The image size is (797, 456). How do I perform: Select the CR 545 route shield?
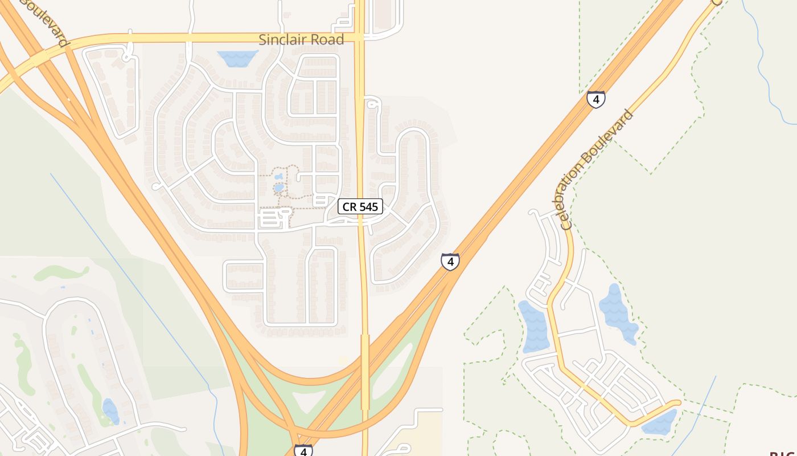coord(360,206)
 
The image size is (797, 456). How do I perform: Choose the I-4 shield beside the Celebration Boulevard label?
coord(595,100)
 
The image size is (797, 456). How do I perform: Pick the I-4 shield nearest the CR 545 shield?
coord(450,262)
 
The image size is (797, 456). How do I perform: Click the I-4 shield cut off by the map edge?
coord(303,450)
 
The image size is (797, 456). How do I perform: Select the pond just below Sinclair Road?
coord(237,58)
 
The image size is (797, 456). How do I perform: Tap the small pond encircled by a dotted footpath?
coord(278,188)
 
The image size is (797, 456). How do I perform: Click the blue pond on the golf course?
coord(110,411)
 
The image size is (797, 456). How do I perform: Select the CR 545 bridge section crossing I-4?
coord(365,370)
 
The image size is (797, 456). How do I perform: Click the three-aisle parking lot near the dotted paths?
coord(274,218)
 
